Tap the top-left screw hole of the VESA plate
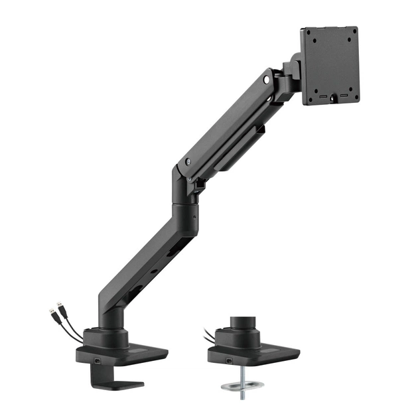(x=312, y=38)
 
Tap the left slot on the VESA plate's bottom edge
(x=323, y=97)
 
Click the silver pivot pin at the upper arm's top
(x=267, y=79)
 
